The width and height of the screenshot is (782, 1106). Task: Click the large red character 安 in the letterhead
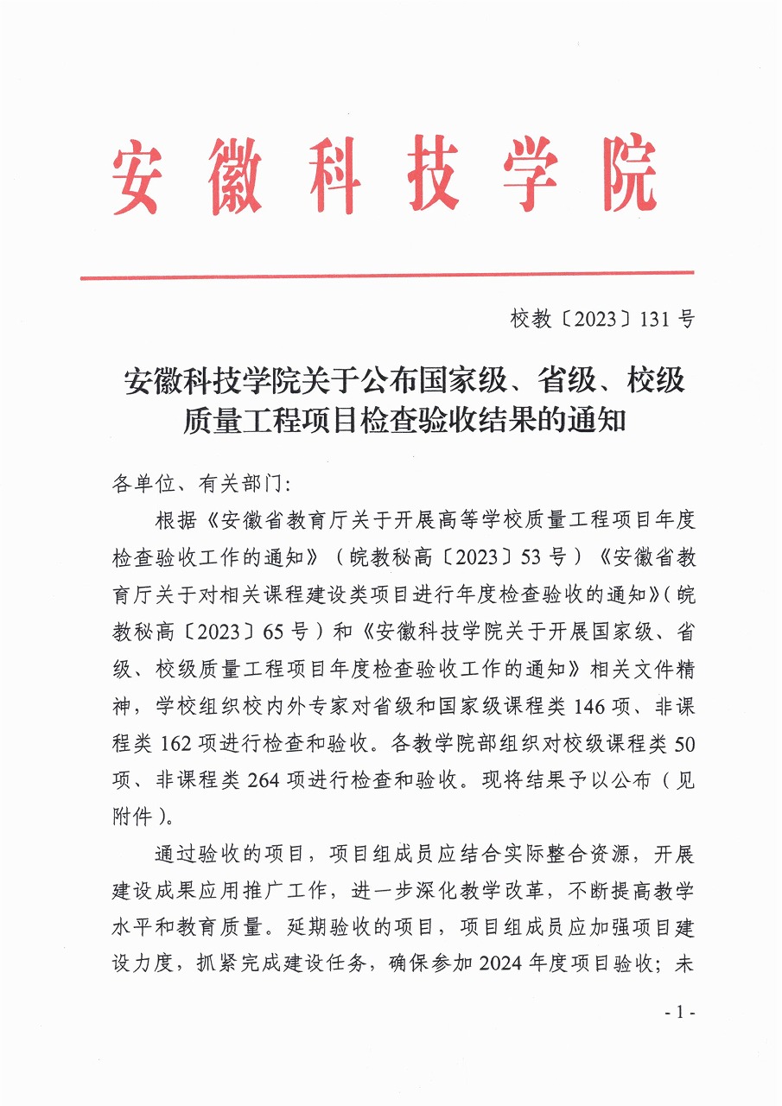(137, 175)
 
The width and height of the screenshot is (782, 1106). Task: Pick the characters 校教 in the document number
(531, 320)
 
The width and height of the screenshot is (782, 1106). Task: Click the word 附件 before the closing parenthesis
(133, 817)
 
